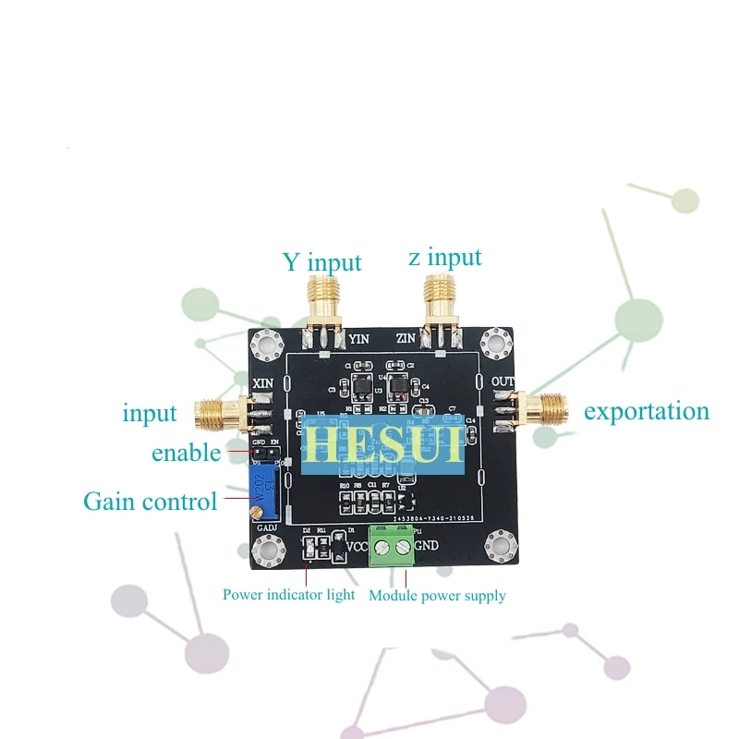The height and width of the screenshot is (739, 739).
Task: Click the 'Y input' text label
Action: pyautogui.click(x=321, y=262)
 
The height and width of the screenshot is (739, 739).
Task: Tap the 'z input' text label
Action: pyautogui.click(x=444, y=257)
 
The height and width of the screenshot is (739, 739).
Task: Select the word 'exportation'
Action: pyautogui.click(x=646, y=411)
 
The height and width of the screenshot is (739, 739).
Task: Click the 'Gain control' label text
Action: pyautogui.click(x=150, y=502)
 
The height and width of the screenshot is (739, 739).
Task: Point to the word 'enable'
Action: pyautogui.click(x=186, y=453)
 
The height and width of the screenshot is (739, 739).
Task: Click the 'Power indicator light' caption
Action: pyautogui.click(x=288, y=595)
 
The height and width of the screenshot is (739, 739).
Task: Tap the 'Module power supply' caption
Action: pyautogui.click(x=437, y=596)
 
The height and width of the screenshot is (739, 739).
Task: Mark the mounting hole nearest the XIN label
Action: pyautogui.click(x=268, y=345)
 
